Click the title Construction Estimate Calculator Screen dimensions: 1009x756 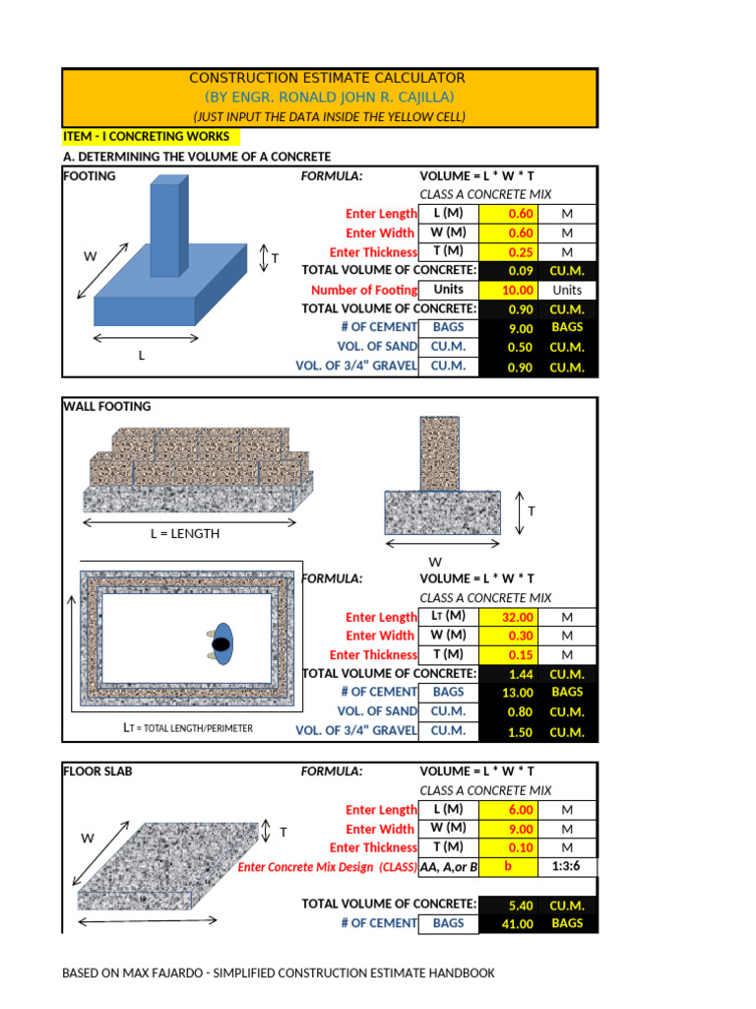coord(327,78)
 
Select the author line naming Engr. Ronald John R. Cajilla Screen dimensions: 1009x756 coord(329,97)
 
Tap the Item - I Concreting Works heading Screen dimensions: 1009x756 coord(146,137)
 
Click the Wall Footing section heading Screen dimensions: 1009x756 coord(107,406)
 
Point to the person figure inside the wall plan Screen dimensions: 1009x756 coord(221,643)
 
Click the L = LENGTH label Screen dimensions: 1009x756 coord(185,534)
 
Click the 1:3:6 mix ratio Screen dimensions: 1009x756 coord(567,867)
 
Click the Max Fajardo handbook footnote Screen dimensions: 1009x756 coord(279,974)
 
